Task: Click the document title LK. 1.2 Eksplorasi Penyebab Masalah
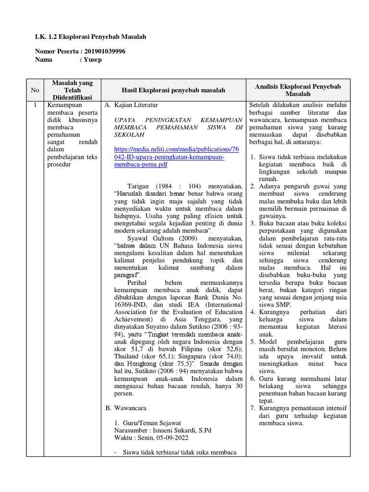(x=90, y=37)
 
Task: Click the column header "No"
(x=35, y=90)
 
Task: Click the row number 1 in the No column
(x=35, y=105)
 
